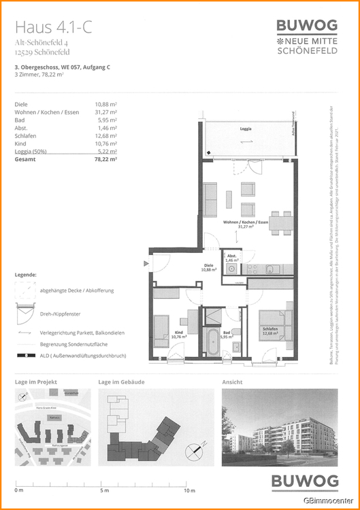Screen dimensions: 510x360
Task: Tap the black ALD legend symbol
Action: pos(27,355)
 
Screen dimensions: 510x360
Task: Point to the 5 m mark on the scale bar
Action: pos(103,490)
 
